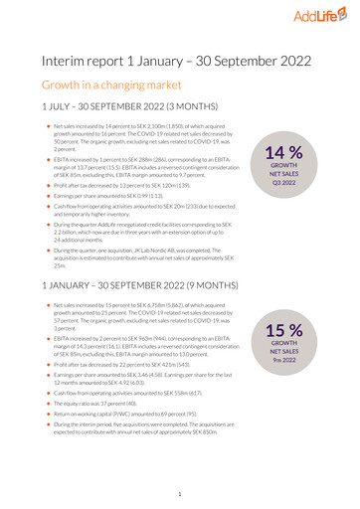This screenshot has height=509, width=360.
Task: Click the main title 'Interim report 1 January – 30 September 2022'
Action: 179,62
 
